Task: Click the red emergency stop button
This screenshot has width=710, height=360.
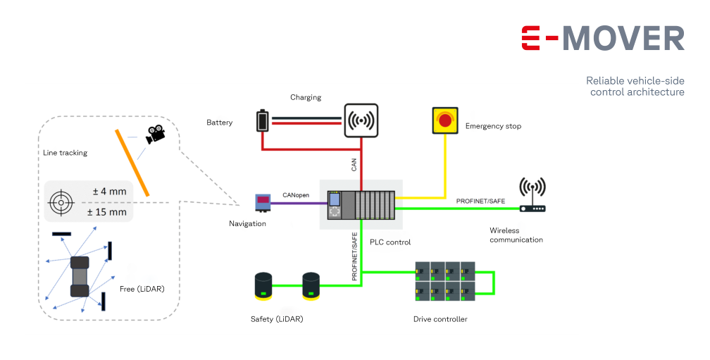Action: click(x=445, y=120)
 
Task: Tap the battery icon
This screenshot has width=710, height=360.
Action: click(x=263, y=120)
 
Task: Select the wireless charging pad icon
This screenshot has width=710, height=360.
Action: click(x=361, y=120)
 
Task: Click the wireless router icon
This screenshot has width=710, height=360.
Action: click(x=532, y=195)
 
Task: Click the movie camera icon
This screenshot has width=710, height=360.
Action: click(x=155, y=134)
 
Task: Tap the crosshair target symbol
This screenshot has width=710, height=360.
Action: click(x=61, y=202)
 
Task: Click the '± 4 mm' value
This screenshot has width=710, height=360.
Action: click(x=110, y=192)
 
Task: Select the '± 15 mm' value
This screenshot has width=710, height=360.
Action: click(x=107, y=212)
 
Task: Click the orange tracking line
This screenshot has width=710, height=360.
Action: click(x=132, y=163)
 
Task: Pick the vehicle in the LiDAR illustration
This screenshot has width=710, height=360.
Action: click(x=80, y=277)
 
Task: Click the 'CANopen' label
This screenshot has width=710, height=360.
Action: click(x=296, y=195)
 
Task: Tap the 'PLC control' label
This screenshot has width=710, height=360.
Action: click(x=390, y=242)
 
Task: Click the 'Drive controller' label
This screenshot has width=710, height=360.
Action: click(x=440, y=319)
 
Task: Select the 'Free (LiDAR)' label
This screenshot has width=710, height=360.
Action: click(x=142, y=289)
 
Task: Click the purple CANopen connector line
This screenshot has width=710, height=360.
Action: click(x=299, y=203)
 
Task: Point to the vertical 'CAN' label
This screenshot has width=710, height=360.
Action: click(x=354, y=165)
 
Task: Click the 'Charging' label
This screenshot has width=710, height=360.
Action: click(x=306, y=97)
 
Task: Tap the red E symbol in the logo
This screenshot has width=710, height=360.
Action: click(x=530, y=38)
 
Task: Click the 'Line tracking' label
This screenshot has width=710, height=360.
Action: click(x=66, y=153)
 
